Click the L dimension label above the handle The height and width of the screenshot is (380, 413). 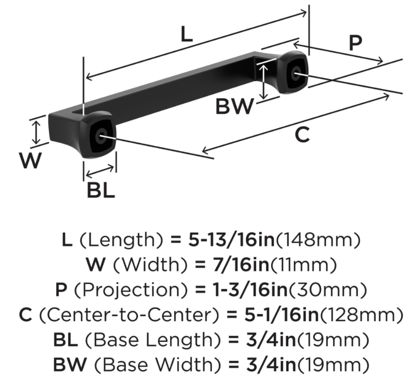pyautogui.click(x=187, y=35)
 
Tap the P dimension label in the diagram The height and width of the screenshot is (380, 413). pyautogui.click(x=355, y=43)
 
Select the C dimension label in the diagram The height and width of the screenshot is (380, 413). pyautogui.click(x=302, y=135)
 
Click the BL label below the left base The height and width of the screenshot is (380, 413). pyautogui.click(x=101, y=191)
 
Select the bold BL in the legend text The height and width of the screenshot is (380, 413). pyautogui.click(x=65, y=340)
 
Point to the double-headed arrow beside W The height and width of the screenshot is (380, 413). pyautogui.click(x=36, y=131)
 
